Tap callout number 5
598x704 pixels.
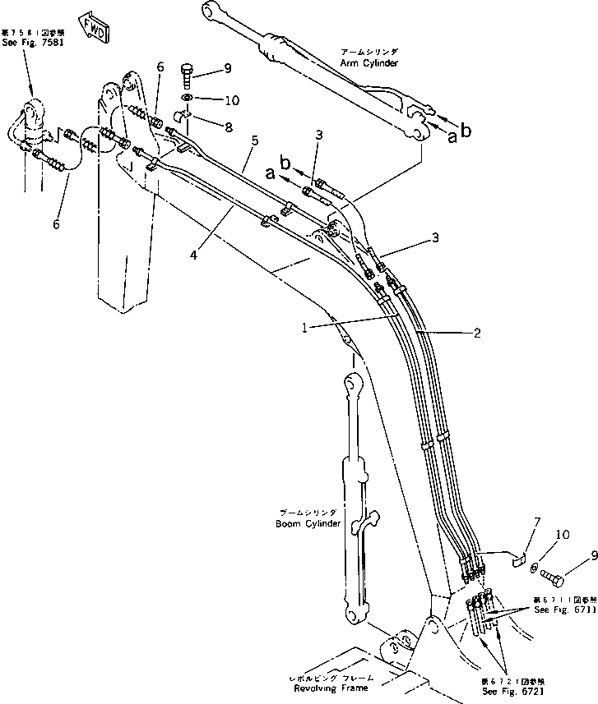point(256,141)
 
